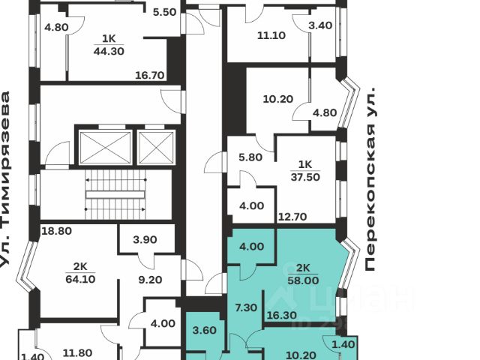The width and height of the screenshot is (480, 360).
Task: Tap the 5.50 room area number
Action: coord(163,12)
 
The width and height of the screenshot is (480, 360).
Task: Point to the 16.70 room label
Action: coord(149,75)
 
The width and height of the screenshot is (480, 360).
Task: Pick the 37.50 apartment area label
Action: coord(304,178)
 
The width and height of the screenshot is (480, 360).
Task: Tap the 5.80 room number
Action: coord(249,158)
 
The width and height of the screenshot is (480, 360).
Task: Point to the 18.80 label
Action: coord(56,231)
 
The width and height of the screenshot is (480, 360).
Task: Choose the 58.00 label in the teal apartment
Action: coord(304,279)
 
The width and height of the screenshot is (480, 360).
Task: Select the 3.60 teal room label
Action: coord(204,331)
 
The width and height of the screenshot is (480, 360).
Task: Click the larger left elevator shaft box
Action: coord(106,146)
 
